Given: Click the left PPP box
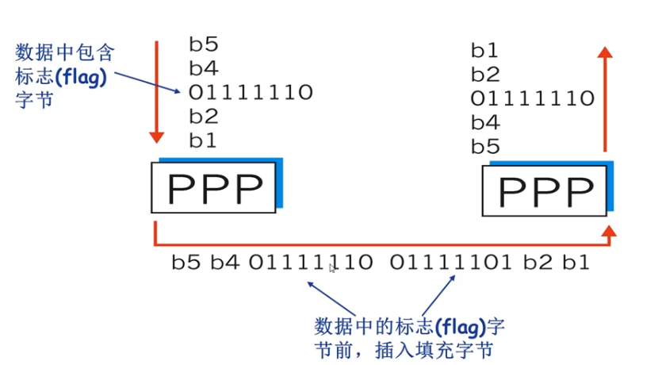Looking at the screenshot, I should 214,187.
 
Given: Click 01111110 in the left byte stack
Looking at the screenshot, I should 251,92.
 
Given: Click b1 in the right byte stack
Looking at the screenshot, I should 484,51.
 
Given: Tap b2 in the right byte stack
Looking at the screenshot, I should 484,75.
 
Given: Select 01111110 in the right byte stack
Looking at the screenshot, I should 533,99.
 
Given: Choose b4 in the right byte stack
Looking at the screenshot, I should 484,123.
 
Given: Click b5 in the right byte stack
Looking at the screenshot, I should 484,147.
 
